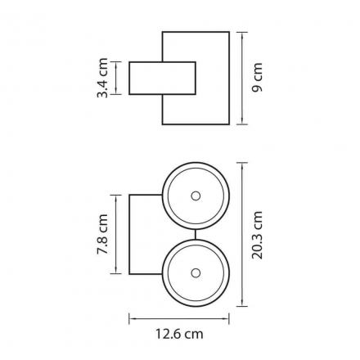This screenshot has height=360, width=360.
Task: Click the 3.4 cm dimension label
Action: pos(102,78)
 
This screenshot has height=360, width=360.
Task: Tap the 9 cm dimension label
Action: pos(257,78)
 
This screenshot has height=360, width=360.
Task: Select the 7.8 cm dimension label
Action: pos(102,234)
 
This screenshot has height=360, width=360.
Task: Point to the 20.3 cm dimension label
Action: pos(257,235)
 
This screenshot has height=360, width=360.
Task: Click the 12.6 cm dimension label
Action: pos(179,334)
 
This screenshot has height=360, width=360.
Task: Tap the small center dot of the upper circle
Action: pos(196,196)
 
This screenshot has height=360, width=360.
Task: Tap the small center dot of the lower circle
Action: pos(196,272)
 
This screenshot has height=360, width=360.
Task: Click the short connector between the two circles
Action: pos(196,234)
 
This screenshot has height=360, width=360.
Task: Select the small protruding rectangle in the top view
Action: pos(162,79)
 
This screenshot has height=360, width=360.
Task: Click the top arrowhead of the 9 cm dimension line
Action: pos(242,35)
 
